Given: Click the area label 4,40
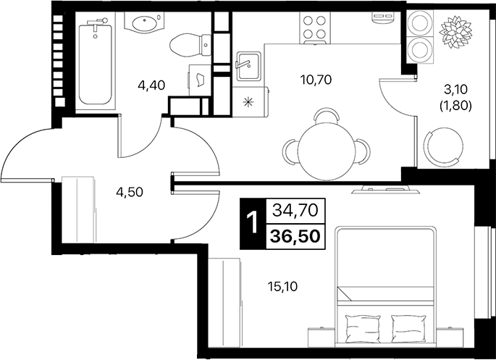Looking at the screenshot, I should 152,85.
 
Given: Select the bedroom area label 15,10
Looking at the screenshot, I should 283,286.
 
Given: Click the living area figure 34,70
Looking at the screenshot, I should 295,211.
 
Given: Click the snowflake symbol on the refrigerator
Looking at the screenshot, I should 248,101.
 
